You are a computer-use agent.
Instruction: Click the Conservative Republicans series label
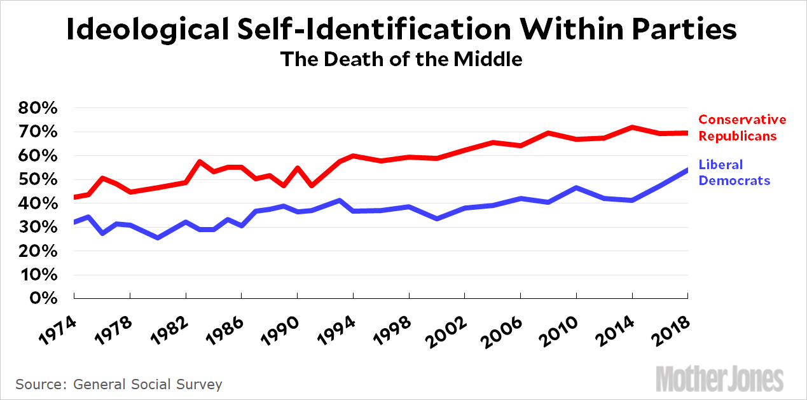[x=742, y=127]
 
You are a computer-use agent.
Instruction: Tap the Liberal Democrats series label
[x=734, y=172]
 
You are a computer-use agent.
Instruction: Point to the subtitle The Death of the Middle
[x=401, y=59]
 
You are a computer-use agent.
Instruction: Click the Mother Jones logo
[x=719, y=379]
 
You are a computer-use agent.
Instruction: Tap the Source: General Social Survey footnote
[x=119, y=384]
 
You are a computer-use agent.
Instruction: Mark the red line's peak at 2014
[x=632, y=127]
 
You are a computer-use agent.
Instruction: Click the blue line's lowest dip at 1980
[x=158, y=237]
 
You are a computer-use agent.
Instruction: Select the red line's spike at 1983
[x=200, y=162]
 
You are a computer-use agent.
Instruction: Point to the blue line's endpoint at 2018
[x=687, y=170]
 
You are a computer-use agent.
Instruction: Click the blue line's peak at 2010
[x=576, y=188]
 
